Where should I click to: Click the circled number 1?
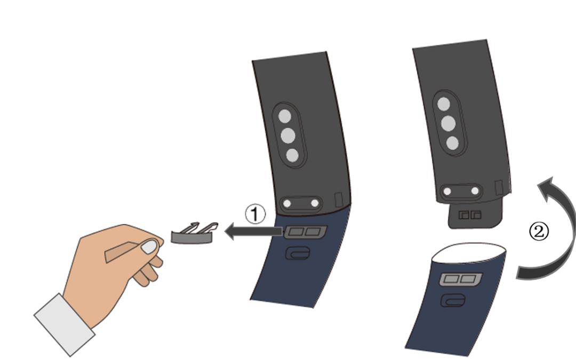tap(255, 214)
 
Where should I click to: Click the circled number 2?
tap(539, 232)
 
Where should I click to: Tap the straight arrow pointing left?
tap(253, 231)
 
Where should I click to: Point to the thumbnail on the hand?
tap(149, 247)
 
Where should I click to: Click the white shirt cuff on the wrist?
tap(65, 325)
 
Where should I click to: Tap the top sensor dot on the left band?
tap(285, 116)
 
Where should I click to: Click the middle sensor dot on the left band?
tap(288, 136)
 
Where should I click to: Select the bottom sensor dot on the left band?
tap(292, 155)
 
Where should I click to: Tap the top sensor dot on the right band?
tap(444, 104)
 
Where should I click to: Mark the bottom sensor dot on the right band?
tap(453, 143)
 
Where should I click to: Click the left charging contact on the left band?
tap(287, 203)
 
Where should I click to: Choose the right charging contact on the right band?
tap(475, 191)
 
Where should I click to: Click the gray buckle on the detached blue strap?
tap(461, 279)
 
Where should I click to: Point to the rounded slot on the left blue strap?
tap(298, 253)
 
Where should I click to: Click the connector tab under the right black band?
tap(475, 215)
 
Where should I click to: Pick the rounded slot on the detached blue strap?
tap(453, 300)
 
